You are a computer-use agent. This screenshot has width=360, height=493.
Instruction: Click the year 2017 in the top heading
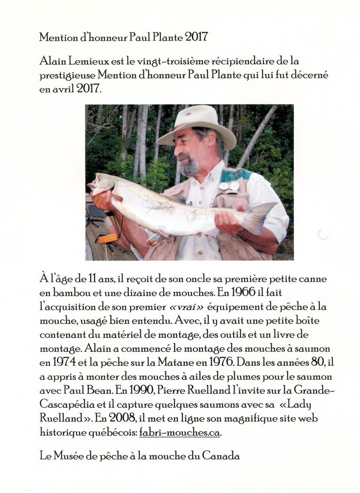[196, 37]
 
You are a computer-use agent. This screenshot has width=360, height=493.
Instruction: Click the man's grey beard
[189, 167]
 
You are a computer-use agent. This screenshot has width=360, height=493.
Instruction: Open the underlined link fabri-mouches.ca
[180, 432]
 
